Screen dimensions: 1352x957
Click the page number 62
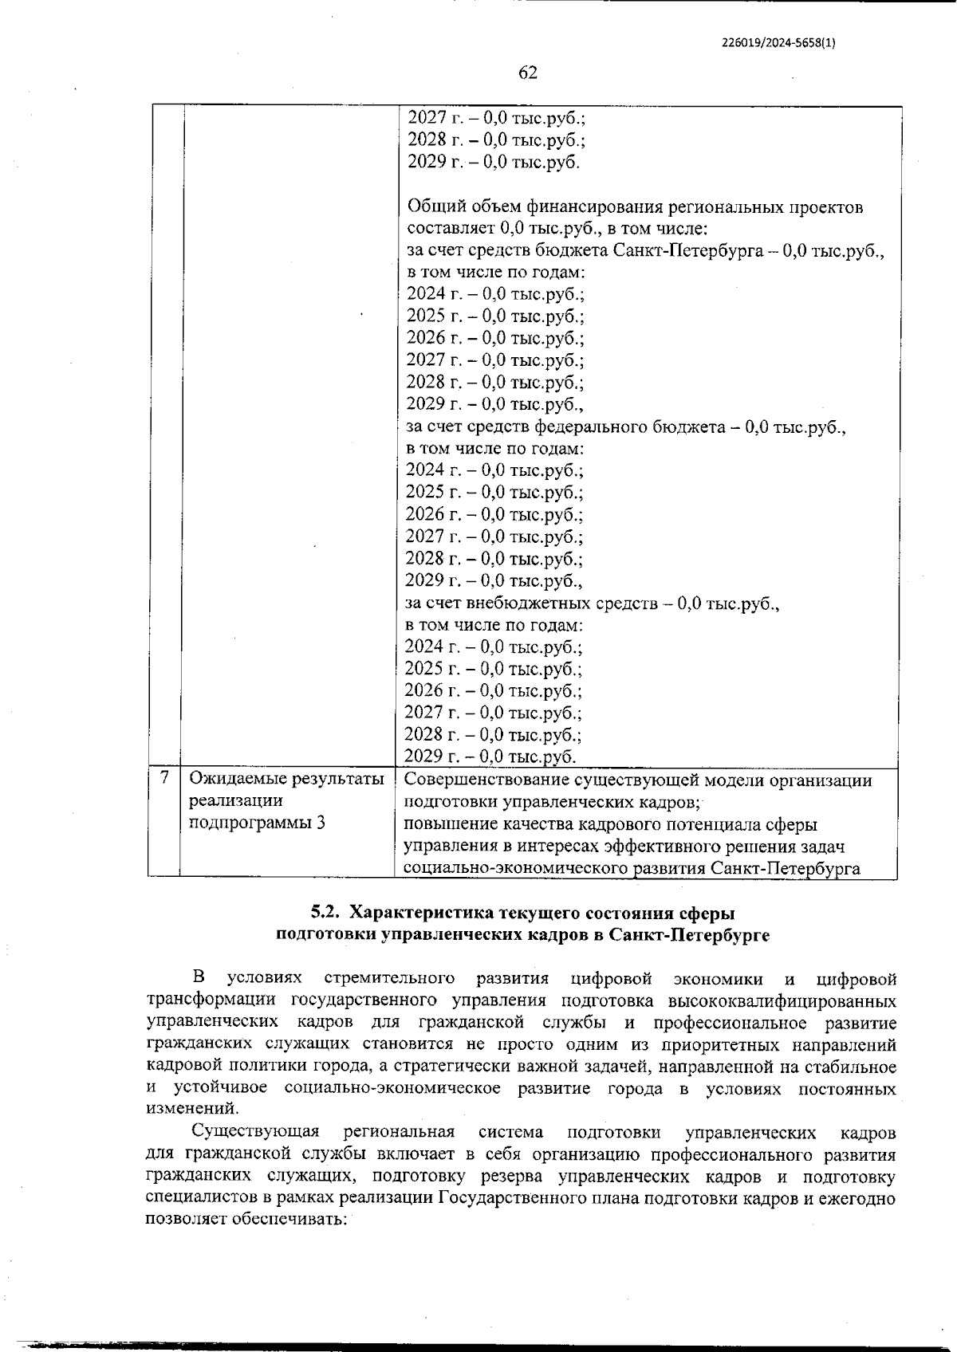pyautogui.click(x=527, y=73)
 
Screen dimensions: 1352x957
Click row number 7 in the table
pyautogui.click(x=164, y=777)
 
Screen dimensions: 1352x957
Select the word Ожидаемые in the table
pyautogui.click(x=234, y=779)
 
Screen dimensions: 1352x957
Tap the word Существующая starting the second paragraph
pyautogui.click(x=255, y=1132)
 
